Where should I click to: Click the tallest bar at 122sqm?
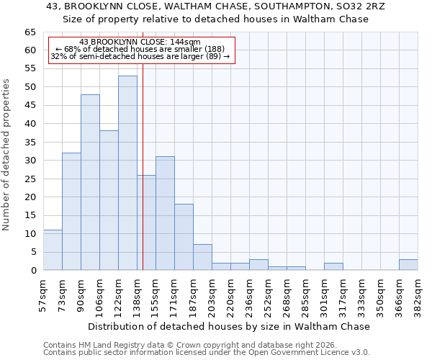click(x=127, y=173)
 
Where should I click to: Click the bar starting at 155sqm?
click(x=165, y=213)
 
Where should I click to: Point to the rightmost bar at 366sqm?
click(x=408, y=265)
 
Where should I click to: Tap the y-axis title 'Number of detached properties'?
click(x=7, y=155)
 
